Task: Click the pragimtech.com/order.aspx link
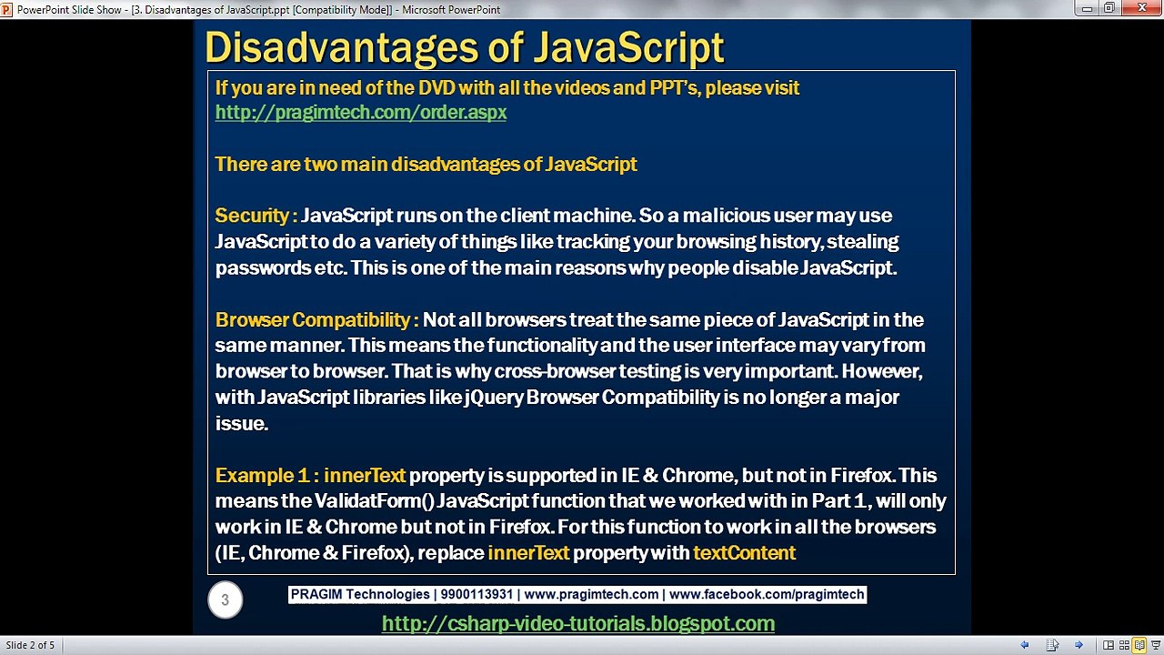(361, 113)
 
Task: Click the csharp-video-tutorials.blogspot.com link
(577, 624)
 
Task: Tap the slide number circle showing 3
(225, 600)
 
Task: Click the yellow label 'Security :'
(256, 216)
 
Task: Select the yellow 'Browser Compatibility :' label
(316, 320)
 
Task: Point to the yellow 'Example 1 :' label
(266, 476)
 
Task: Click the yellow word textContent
(744, 553)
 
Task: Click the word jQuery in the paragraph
(492, 398)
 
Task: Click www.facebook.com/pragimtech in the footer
(766, 595)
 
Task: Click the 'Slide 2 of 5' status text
(30, 645)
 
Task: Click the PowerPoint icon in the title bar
(7, 9)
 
